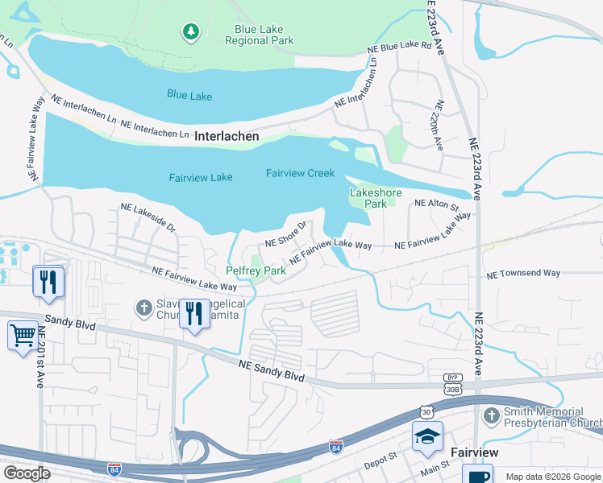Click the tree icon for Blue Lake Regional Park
(x=190, y=31)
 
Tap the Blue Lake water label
(x=189, y=96)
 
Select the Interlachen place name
(x=227, y=137)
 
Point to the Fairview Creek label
(x=300, y=173)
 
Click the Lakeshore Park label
(x=369, y=198)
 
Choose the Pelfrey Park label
(x=256, y=271)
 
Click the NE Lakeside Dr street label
(x=148, y=217)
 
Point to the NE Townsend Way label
(x=522, y=274)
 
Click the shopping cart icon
(x=23, y=334)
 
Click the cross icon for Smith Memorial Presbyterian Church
(x=491, y=415)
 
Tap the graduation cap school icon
(x=426, y=436)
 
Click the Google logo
(x=27, y=473)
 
